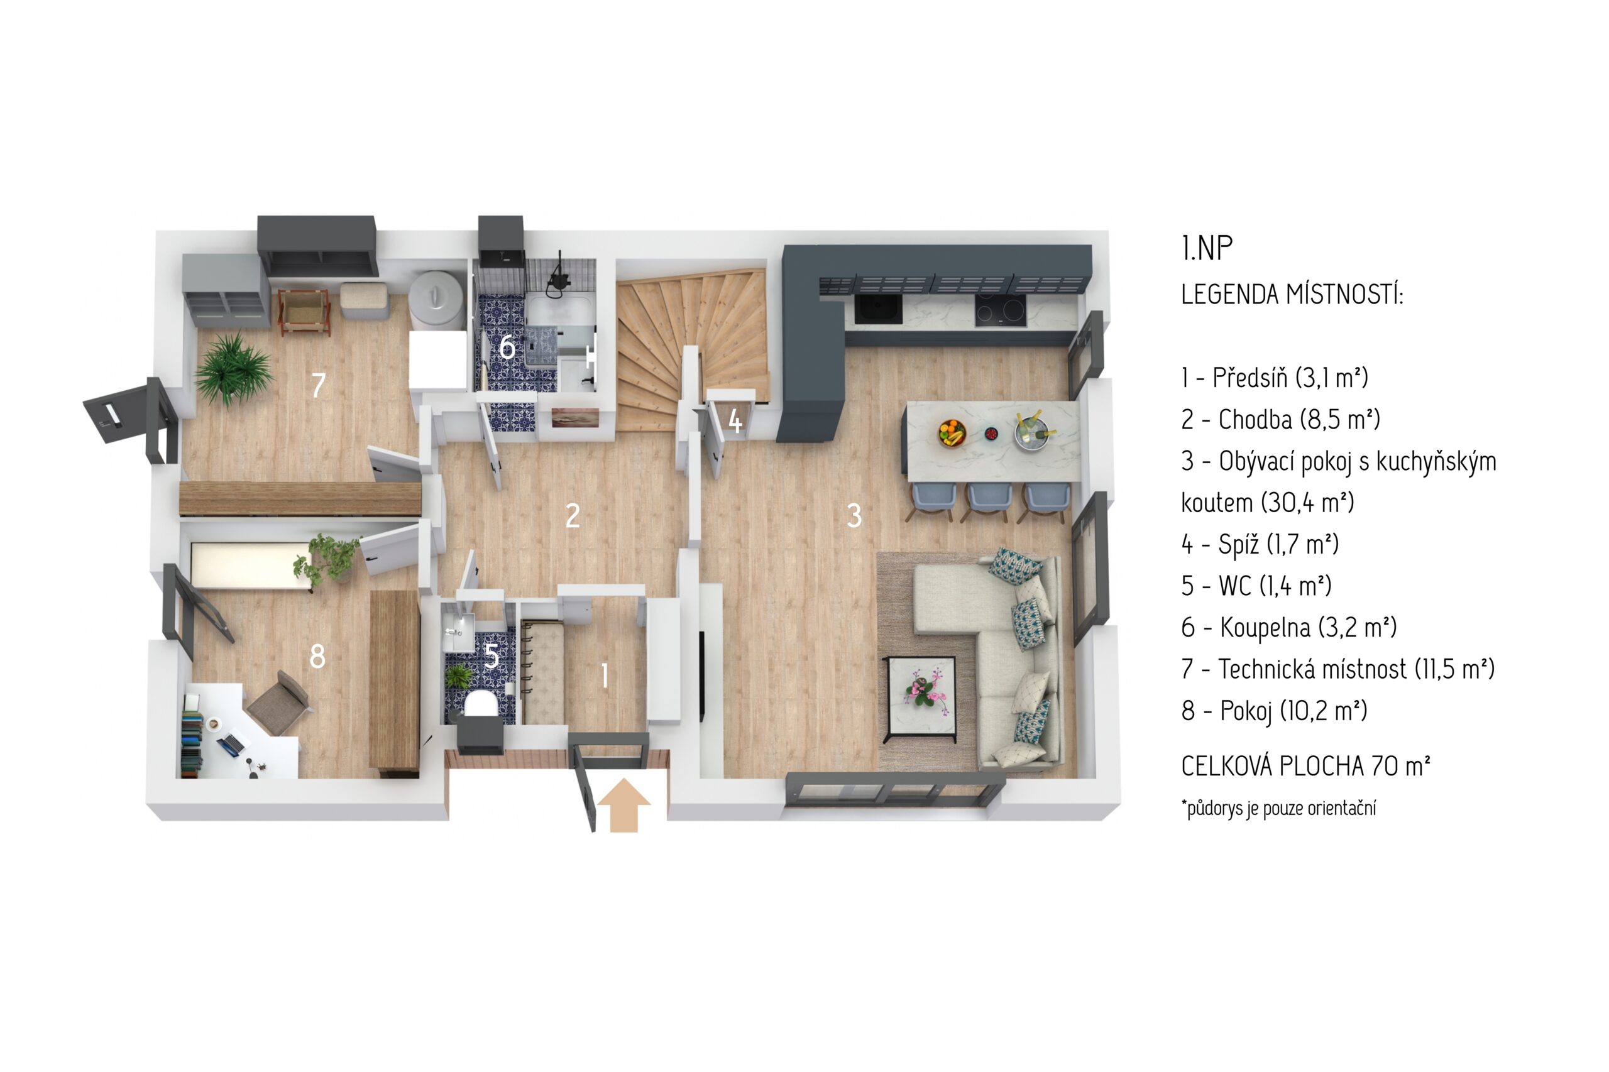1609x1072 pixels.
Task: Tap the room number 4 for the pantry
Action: pyautogui.click(x=735, y=421)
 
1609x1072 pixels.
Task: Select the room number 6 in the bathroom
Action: pyautogui.click(x=507, y=347)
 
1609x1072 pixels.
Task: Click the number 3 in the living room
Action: pyautogui.click(x=854, y=515)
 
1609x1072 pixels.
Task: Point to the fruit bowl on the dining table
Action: pyautogui.click(x=951, y=432)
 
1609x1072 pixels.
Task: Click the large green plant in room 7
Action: pyautogui.click(x=233, y=370)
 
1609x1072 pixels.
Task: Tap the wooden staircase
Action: pyautogui.click(x=691, y=349)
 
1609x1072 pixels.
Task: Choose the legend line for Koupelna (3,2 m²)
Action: pyautogui.click(x=1288, y=628)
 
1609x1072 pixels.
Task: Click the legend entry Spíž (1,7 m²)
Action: pyautogui.click(x=1260, y=544)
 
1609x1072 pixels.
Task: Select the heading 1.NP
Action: pyautogui.click(x=1206, y=249)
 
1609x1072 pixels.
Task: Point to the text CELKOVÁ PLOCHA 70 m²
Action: pyautogui.click(x=1305, y=767)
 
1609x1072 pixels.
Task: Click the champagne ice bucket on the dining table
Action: pyautogui.click(x=1033, y=432)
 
